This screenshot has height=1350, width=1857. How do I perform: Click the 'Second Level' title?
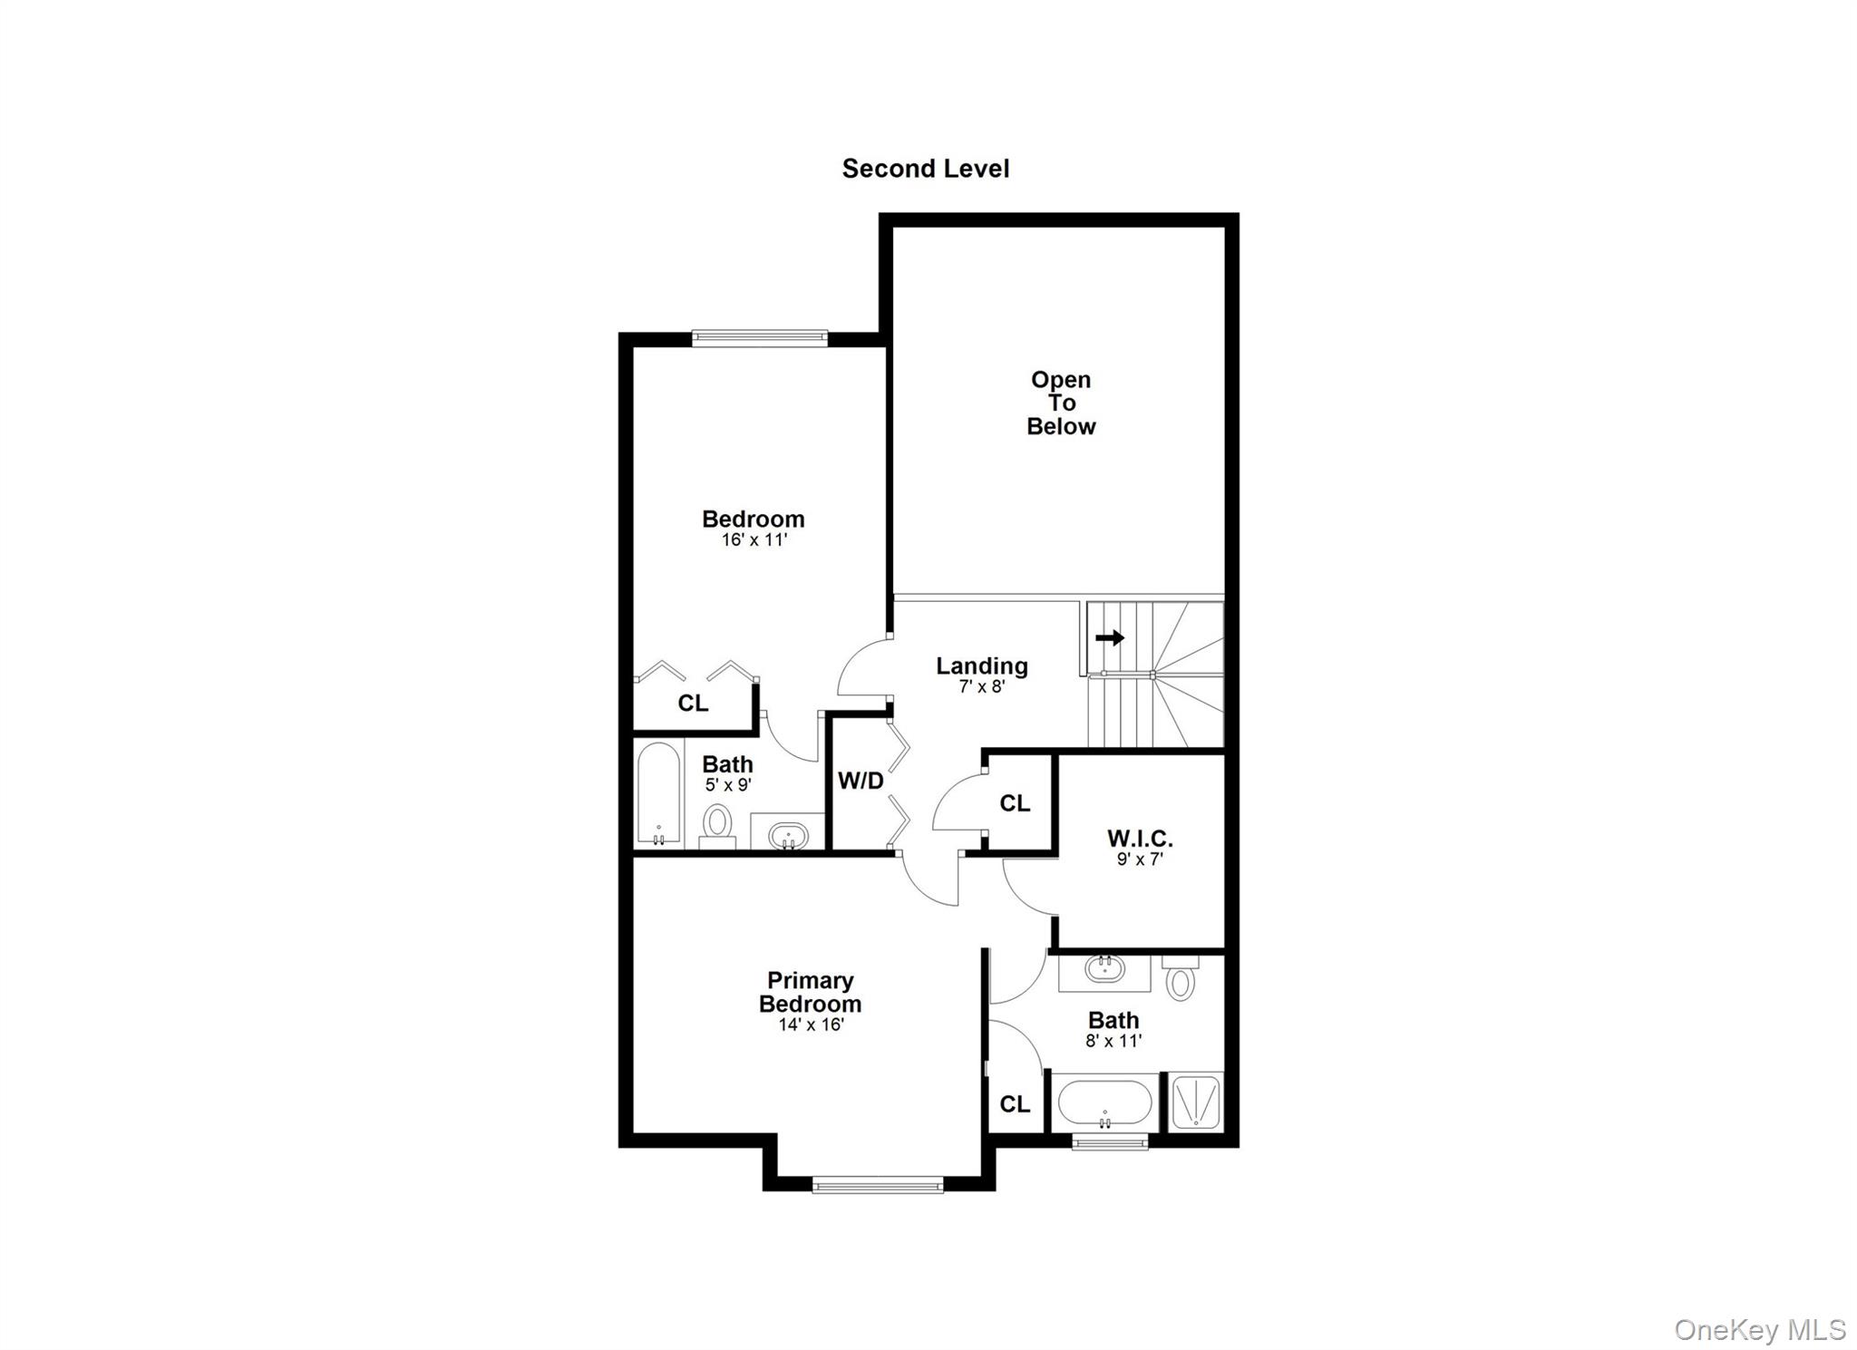pyautogui.click(x=925, y=169)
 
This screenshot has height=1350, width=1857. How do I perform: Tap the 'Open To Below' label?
pyautogui.click(x=1061, y=403)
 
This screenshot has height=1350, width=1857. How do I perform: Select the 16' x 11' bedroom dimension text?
pyautogui.click(x=753, y=540)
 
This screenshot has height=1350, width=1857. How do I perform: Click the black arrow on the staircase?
pyautogui.click(x=1110, y=638)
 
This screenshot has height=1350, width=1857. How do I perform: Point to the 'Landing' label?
pyautogui.click(x=982, y=666)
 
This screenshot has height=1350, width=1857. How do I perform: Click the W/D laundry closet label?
pyautogui.click(x=860, y=781)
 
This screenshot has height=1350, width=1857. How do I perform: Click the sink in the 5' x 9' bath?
pyautogui.click(x=787, y=834)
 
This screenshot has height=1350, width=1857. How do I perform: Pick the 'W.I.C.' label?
pyautogui.click(x=1140, y=839)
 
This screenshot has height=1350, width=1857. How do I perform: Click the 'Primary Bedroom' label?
pyautogui.click(x=810, y=992)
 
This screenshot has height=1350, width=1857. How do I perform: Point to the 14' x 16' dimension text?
pyautogui.click(x=811, y=1025)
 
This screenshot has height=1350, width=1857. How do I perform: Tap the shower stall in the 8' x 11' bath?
pyautogui.click(x=1196, y=1101)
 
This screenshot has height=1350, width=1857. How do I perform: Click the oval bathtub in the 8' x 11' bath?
pyautogui.click(x=1105, y=1102)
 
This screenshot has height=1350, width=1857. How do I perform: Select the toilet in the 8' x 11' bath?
pyautogui.click(x=1180, y=979)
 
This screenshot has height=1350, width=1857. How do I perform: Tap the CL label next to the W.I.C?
pyautogui.click(x=1015, y=803)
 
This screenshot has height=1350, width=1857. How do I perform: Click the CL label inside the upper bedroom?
pyautogui.click(x=693, y=704)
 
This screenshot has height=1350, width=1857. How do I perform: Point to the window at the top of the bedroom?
pyautogui.click(x=760, y=338)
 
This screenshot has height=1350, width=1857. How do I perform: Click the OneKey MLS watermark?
pyautogui.click(x=1759, y=1329)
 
